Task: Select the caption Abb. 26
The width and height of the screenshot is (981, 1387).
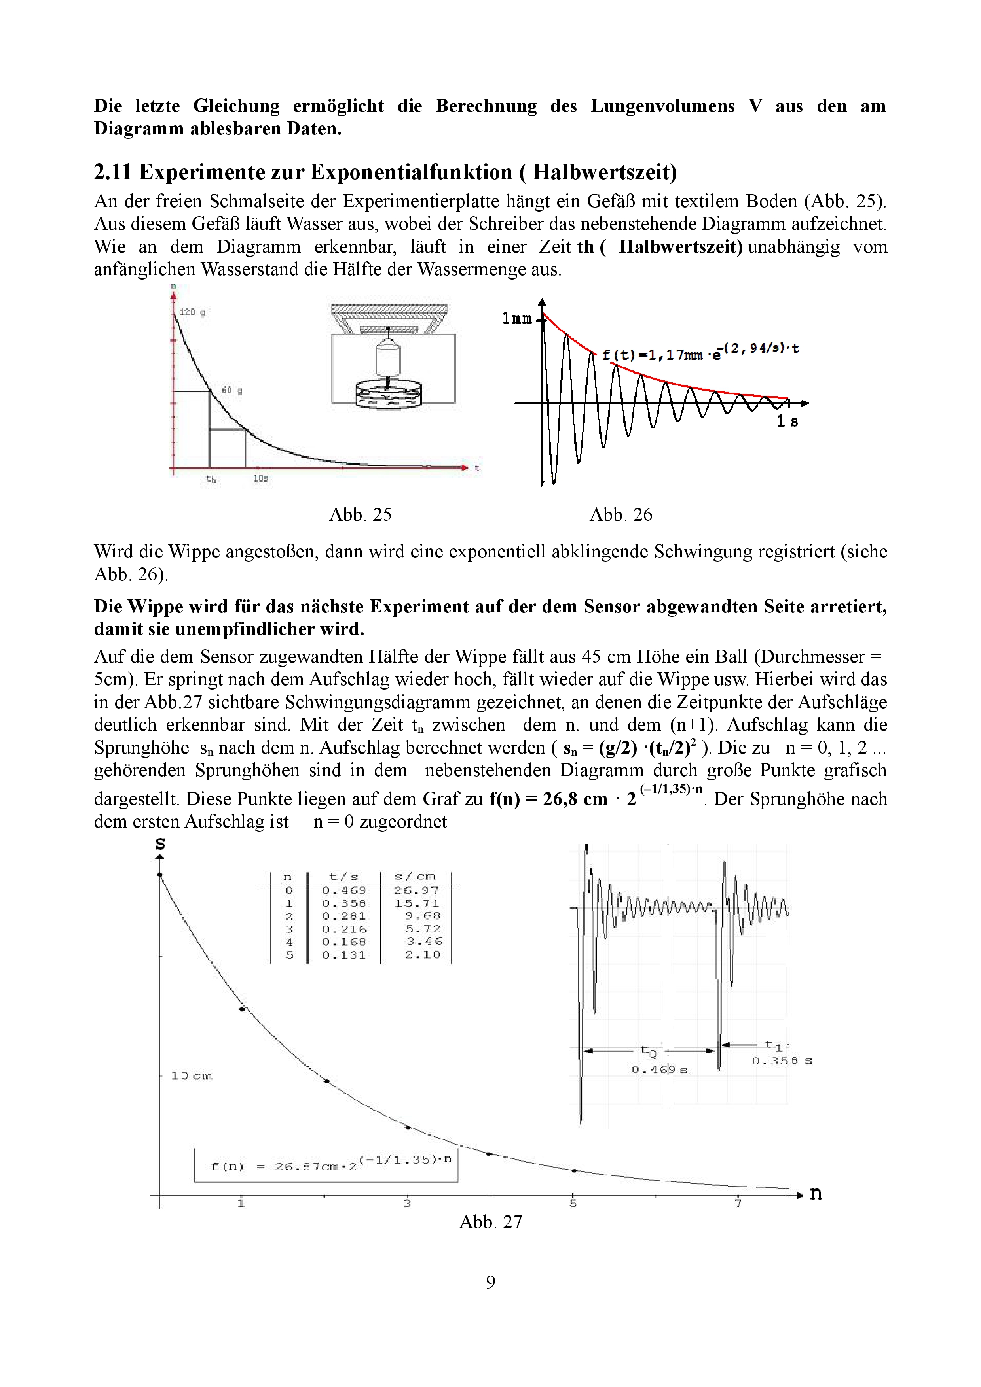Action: (x=621, y=515)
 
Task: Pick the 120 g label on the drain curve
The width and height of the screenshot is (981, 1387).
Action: (x=193, y=312)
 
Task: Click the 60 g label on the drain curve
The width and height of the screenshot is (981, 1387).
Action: (x=231, y=390)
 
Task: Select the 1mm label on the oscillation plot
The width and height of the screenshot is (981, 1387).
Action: (x=517, y=318)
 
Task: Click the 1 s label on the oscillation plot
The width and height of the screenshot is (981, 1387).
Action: (x=787, y=421)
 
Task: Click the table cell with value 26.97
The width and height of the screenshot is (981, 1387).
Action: (x=416, y=890)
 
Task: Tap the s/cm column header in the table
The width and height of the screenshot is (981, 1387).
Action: (x=415, y=876)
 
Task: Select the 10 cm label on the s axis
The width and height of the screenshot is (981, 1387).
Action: (x=192, y=1076)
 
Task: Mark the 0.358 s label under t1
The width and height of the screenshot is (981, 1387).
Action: (x=782, y=1061)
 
